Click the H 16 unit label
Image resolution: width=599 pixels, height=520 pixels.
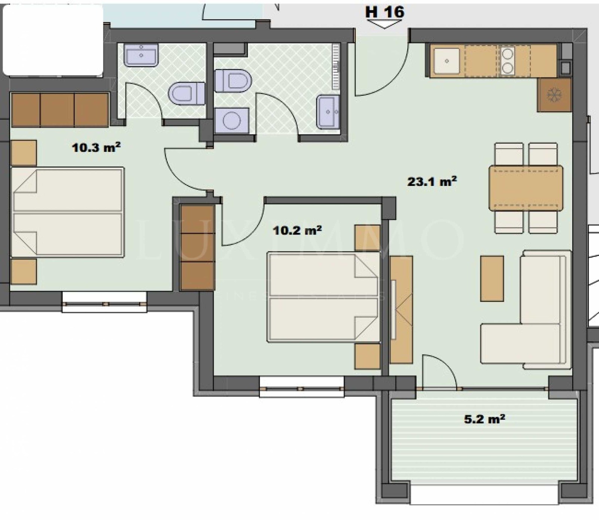click(384, 12)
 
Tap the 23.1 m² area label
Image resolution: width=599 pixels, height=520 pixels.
click(432, 182)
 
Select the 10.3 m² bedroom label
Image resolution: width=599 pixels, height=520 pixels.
click(96, 147)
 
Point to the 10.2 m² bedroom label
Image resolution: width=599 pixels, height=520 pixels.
click(297, 230)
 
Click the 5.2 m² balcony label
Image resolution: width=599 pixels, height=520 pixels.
click(484, 419)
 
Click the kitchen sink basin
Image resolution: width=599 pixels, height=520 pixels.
click(447, 61)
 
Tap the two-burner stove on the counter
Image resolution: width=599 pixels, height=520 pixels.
click(507, 61)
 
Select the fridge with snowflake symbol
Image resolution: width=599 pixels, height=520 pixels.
click(554, 95)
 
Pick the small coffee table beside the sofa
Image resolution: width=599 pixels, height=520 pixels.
click(492, 278)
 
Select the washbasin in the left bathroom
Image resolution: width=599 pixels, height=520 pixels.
click(141, 55)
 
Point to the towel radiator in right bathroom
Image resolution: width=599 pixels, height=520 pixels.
click(336, 67)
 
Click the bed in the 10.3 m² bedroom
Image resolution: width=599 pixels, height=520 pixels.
click(67, 212)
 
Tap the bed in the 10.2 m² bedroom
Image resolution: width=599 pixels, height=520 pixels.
click(323, 297)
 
